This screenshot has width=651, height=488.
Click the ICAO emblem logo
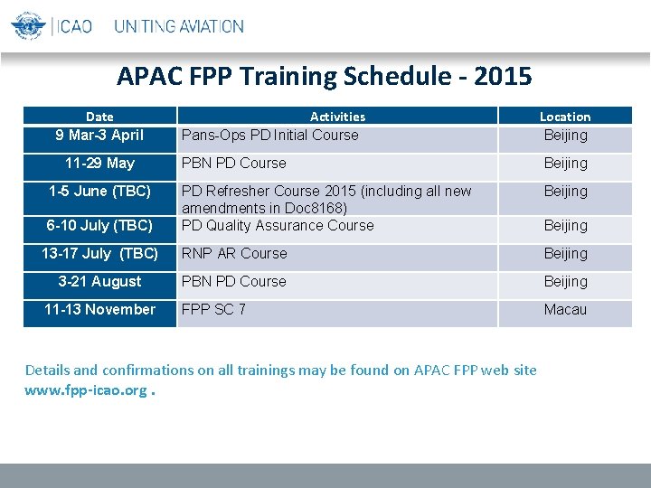[28, 25]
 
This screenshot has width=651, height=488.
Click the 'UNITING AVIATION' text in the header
[178, 26]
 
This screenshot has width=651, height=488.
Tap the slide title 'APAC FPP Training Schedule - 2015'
[325, 76]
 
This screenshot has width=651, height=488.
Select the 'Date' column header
[99, 117]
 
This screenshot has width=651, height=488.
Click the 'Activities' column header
[337, 117]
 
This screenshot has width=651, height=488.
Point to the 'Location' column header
[565, 117]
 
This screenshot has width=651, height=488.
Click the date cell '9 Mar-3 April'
[99, 136]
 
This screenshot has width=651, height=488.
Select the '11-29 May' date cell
[99, 164]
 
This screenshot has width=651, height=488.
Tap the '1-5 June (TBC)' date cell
[99, 192]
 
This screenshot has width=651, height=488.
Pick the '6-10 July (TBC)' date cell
[99, 226]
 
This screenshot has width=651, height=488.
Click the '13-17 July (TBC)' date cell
[99, 254]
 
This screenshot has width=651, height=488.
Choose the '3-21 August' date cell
[99, 282]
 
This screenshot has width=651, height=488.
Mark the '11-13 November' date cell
[99, 310]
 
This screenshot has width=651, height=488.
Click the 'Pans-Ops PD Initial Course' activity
[269, 136]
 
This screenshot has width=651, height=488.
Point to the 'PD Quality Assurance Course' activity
[278, 226]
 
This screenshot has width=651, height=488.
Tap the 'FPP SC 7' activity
[213, 310]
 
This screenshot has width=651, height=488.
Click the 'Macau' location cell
[565, 310]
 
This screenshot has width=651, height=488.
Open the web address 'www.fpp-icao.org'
[86, 389]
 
